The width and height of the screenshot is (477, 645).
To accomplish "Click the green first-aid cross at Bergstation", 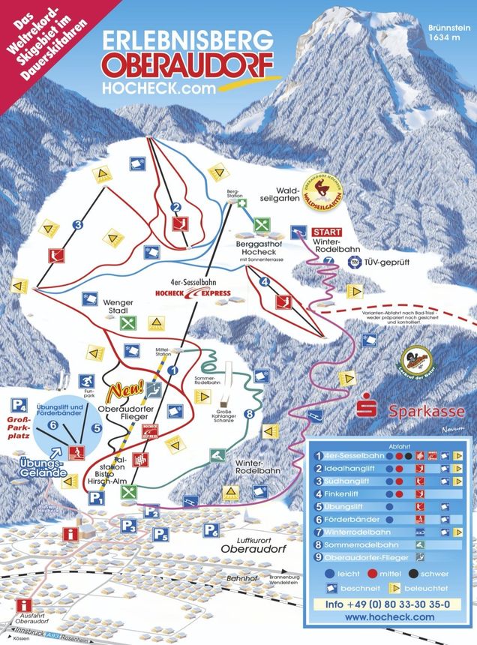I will (x=241, y=203).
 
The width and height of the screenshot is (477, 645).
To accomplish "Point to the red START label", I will (x=327, y=232).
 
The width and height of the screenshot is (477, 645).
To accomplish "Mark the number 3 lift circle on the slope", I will (x=76, y=224).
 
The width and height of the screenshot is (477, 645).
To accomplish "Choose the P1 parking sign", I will (x=96, y=497).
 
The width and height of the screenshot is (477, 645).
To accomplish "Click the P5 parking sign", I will (x=161, y=533).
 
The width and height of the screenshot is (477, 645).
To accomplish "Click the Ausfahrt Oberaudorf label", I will (x=30, y=623).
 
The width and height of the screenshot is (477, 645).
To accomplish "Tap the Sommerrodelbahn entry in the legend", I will (x=361, y=544).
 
